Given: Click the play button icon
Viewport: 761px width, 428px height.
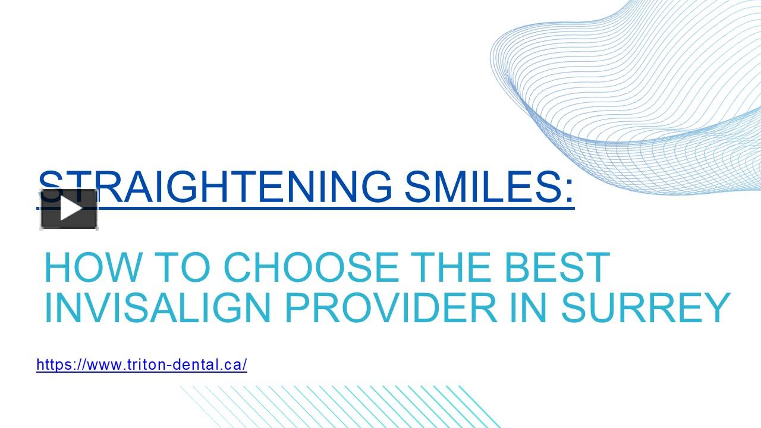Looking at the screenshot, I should (x=69, y=209).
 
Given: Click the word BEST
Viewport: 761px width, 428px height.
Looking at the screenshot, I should (x=556, y=267).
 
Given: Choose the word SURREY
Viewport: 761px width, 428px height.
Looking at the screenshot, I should (x=646, y=307).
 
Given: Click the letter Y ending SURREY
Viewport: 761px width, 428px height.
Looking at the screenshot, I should (x=717, y=307).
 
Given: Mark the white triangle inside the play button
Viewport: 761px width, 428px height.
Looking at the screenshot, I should (x=71, y=209).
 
